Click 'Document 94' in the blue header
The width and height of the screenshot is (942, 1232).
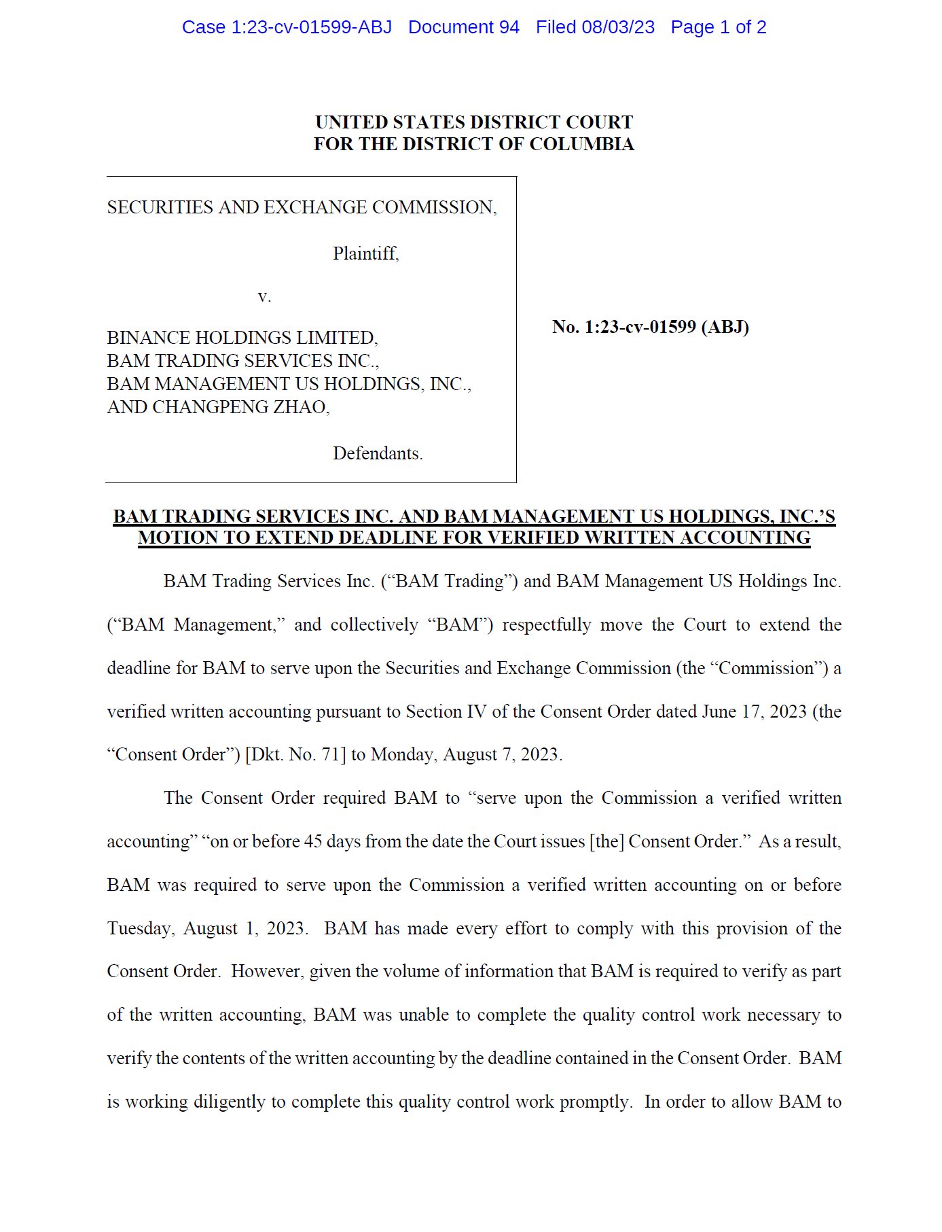tap(463, 27)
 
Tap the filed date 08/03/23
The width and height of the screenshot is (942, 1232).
tap(618, 27)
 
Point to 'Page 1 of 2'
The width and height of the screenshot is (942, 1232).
tap(718, 27)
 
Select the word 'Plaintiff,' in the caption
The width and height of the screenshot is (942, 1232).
tap(365, 253)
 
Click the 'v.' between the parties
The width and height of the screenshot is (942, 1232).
tap(264, 296)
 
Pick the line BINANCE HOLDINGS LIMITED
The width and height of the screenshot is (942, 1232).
tap(242, 338)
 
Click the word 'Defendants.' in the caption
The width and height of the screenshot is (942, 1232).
tap(378, 453)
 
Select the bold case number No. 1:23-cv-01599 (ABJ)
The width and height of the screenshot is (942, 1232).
tap(650, 327)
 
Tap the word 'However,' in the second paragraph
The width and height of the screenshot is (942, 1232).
tap(267, 971)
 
